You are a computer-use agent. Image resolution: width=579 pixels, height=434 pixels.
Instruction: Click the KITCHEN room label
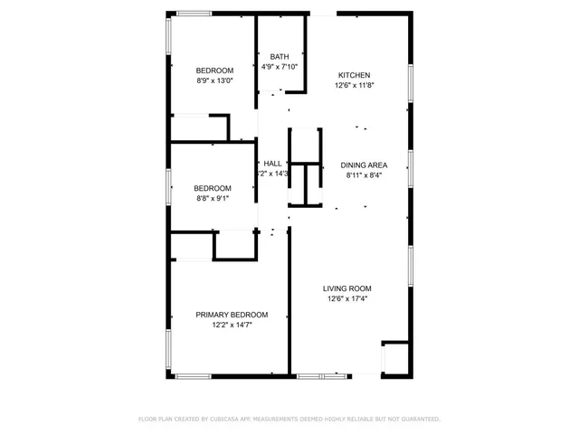tap(354, 75)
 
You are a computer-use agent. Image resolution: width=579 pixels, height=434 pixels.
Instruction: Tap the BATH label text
tap(280, 57)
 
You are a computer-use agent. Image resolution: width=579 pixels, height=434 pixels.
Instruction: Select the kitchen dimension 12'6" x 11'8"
tap(354, 86)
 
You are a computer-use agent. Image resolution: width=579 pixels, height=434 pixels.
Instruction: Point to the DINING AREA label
tap(365, 165)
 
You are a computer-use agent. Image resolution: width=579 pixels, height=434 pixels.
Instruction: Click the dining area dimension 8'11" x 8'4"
tap(364, 175)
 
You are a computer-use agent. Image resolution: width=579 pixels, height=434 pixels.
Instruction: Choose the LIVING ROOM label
tap(347, 288)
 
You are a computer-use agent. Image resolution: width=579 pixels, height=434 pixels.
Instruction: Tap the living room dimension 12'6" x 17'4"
tap(347, 299)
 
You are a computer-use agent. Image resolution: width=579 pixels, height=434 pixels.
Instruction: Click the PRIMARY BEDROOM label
tap(232, 315)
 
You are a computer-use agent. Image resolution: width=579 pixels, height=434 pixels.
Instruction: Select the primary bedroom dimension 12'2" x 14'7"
tap(232, 325)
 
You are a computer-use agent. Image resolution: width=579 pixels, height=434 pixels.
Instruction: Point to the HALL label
tap(272, 164)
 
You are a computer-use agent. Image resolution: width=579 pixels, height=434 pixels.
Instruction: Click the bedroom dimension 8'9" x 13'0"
tap(215, 80)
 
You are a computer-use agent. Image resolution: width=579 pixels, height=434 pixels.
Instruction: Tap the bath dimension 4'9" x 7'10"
tap(280, 67)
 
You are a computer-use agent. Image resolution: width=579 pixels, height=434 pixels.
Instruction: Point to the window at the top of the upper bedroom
tap(195, 13)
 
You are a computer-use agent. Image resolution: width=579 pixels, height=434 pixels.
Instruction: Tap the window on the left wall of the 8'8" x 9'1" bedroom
tap(168, 187)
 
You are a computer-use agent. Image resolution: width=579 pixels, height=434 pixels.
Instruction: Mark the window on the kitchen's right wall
tap(411, 84)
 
